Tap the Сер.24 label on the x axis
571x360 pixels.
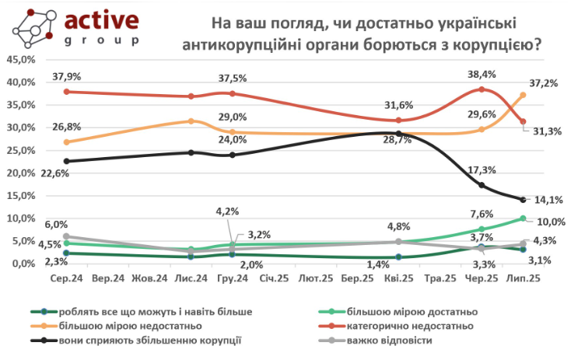67,278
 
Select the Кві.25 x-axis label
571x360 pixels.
398,278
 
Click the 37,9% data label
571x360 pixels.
67,77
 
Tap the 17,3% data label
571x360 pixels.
484,170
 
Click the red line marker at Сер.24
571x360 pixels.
67,92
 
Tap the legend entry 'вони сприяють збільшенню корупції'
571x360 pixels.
156,340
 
